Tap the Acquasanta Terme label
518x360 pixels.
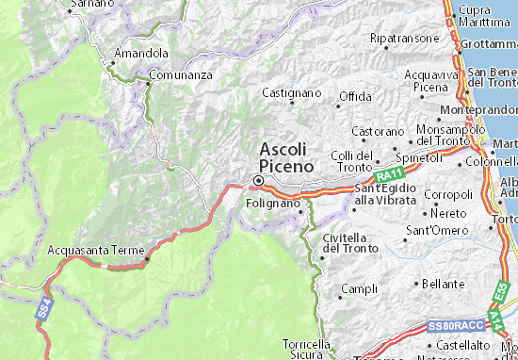(x=93, y=252)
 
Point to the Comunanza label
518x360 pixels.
(x=181, y=74)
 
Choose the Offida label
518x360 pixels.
(x=355, y=96)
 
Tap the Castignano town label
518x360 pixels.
(x=291, y=93)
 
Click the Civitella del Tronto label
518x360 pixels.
(x=349, y=243)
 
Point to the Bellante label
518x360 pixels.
(x=444, y=284)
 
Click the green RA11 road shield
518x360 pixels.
(x=384, y=176)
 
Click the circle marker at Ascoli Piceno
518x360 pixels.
(x=257, y=179)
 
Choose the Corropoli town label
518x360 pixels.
(x=446, y=194)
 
